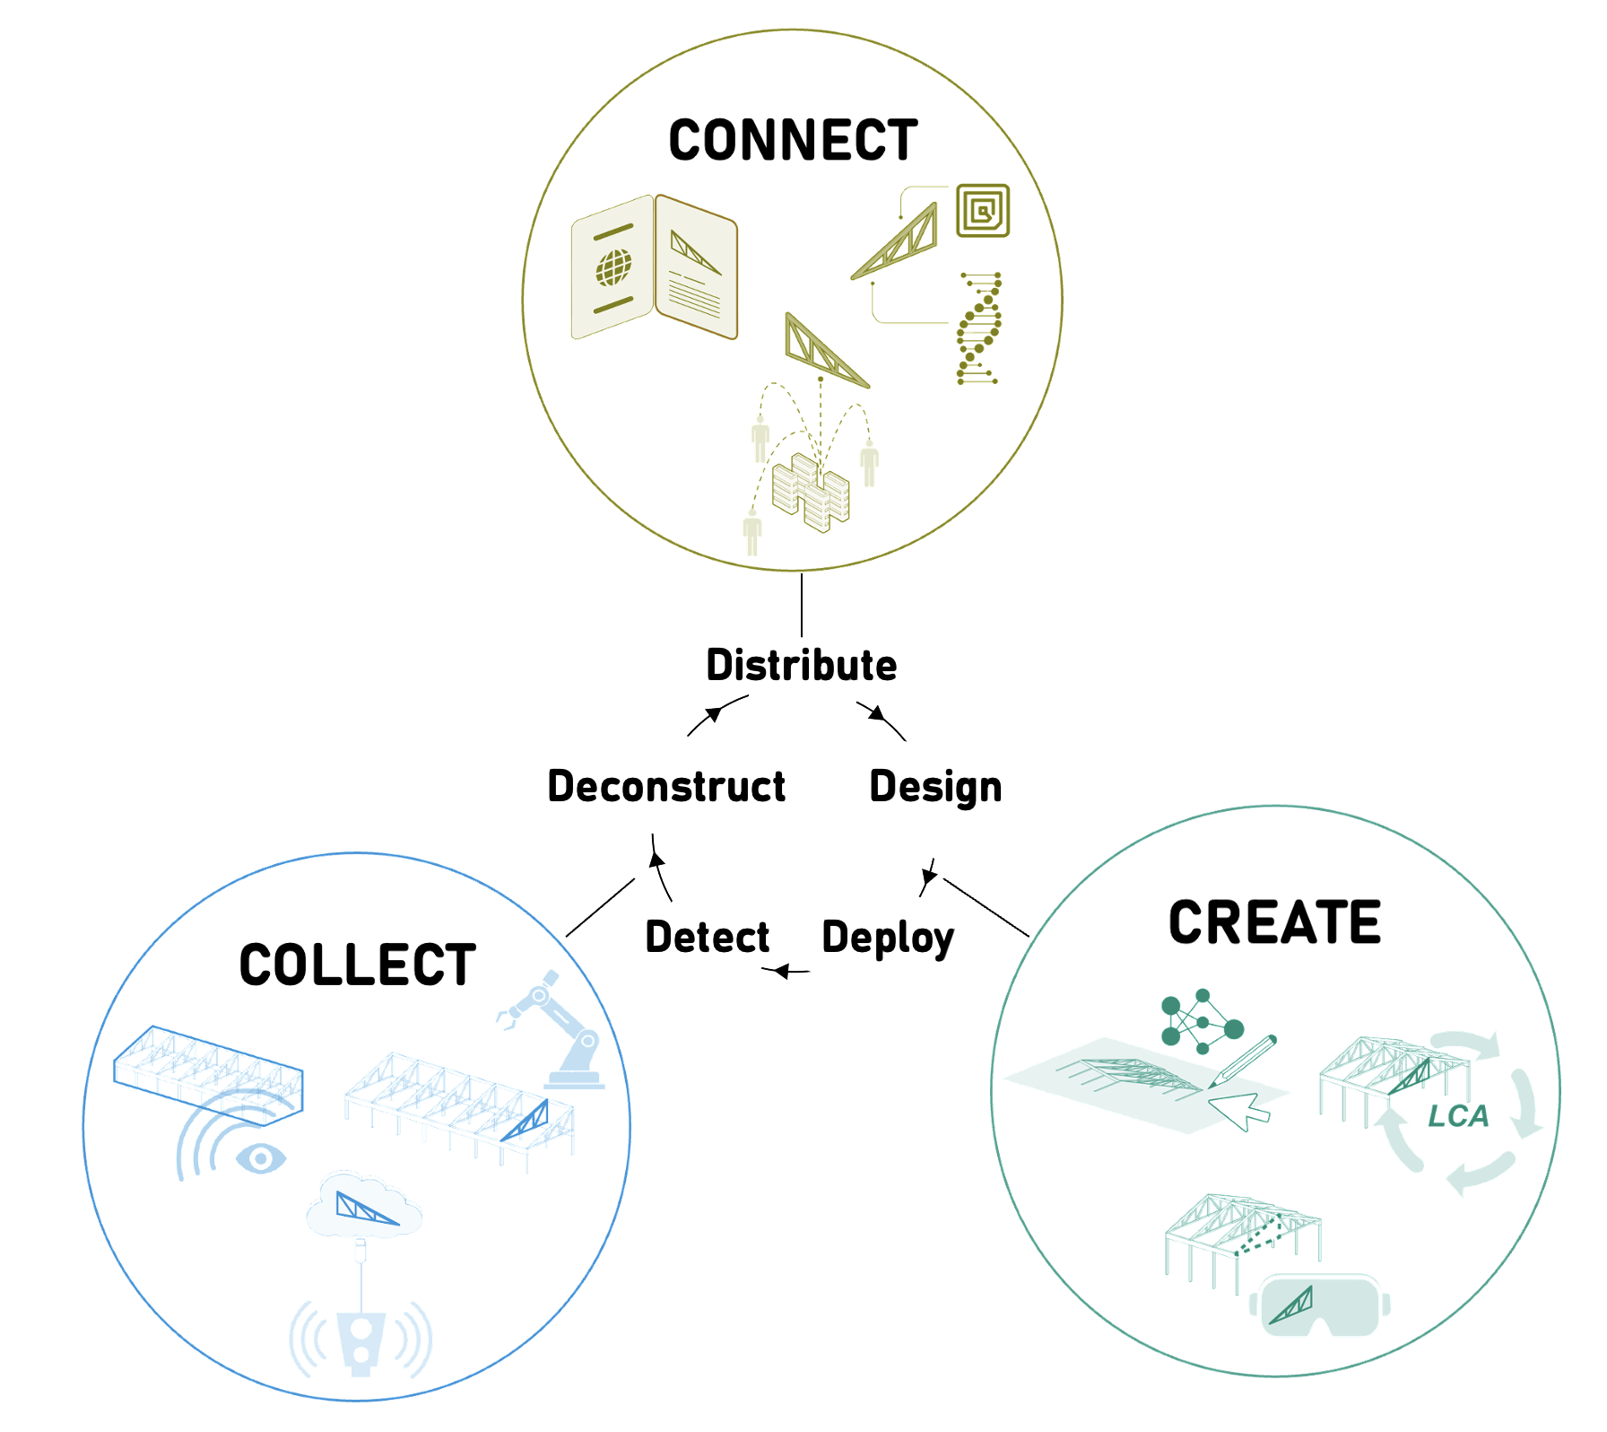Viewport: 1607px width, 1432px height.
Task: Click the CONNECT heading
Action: pos(793,141)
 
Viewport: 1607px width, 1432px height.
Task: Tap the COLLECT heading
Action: pos(357,965)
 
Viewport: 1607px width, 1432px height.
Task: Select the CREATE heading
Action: pos(1274,922)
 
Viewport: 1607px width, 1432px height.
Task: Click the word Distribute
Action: pos(801,666)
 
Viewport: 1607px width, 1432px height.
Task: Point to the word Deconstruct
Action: pos(666,787)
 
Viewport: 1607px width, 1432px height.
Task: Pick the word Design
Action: pos(935,787)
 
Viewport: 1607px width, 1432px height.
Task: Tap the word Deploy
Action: pos(888,939)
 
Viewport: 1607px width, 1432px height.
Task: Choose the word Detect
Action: pos(708,938)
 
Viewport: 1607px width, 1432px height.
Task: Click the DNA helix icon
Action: pos(978,328)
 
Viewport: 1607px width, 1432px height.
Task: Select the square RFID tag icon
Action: pos(983,211)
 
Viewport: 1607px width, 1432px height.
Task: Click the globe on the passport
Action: pos(614,267)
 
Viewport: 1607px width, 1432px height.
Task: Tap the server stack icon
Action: pos(811,493)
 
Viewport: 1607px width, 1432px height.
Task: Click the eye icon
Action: pos(261,1158)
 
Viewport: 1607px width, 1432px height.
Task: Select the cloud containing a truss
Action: pos(364,1207)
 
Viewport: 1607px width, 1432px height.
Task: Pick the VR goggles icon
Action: pos(1319,1305)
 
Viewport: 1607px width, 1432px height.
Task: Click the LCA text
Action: pos(1458,1116)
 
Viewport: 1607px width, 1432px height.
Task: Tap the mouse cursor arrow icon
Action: pos(1238,1110)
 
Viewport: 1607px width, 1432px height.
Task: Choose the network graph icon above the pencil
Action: pos(1200,1022)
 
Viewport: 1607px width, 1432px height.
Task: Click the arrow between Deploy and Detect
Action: pos(786,971)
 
